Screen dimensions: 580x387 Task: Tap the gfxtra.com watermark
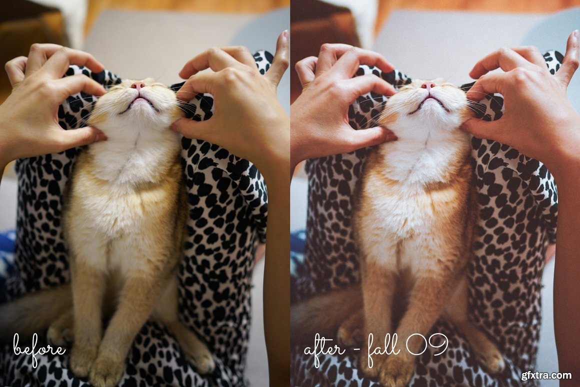546,375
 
